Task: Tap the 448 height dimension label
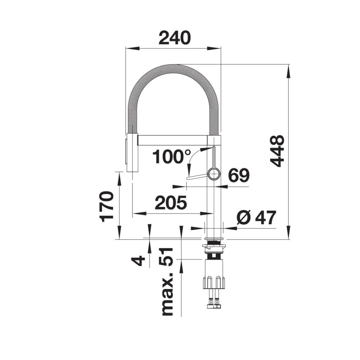click(277, 151)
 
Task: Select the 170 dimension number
click(107, 207)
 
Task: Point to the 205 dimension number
click(171, 203)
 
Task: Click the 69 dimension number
click(239, 175)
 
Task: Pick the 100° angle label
click(171, 157)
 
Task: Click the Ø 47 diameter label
click(256, 218)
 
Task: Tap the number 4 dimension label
click(138, 261)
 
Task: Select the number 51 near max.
click(166, 257)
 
